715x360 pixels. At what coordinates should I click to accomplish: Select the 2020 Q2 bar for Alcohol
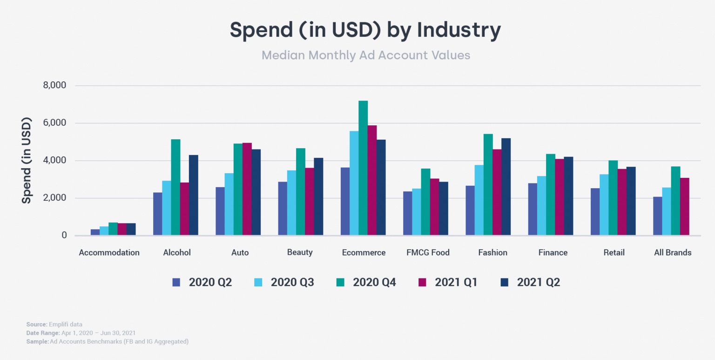click(x=157, y=214)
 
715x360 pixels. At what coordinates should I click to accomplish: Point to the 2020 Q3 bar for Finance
click(x=541, y=205)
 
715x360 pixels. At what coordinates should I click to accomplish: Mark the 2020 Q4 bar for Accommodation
click(x=113, y=229)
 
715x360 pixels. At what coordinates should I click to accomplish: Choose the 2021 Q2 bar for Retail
click(x=631, y=201)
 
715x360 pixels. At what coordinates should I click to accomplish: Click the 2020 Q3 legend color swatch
click(x=258, y=282)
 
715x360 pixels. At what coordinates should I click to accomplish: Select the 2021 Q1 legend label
click(x=456, y=282)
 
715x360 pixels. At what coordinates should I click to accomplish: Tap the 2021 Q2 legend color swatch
click(x=505, y=282)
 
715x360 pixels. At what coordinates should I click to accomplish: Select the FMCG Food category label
click(x=428, y=253)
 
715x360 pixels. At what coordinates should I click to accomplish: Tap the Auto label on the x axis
click(x=240, y=253)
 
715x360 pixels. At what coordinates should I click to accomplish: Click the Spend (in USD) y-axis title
click(x=27, y=161)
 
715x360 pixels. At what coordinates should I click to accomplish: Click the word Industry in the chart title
click(x=459, y=30)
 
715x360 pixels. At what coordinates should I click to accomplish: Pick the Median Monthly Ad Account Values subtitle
click(x=366, y=55)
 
